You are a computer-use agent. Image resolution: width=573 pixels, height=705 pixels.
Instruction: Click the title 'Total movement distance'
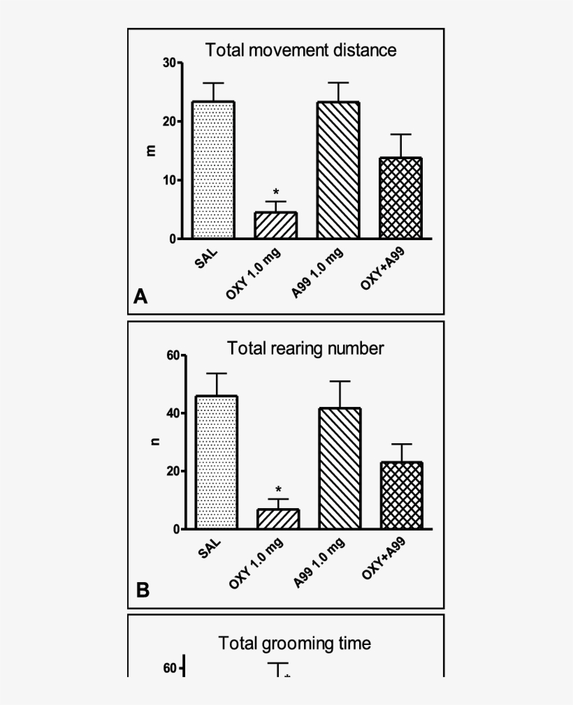coord(300,50)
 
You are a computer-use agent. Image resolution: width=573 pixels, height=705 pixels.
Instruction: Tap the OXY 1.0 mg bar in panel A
coord(275,225)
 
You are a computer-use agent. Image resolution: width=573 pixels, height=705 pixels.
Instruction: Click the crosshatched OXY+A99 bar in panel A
coord(401,198)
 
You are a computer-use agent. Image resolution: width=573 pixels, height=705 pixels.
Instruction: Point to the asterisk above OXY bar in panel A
coord(276,192)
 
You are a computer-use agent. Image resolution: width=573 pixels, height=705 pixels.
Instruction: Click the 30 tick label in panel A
coord(169,63)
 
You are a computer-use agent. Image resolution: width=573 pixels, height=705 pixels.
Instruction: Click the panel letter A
coord(140,297)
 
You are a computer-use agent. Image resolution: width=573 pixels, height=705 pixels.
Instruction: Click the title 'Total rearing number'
coord(306,348)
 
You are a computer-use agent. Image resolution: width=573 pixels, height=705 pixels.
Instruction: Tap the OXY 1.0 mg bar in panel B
coord(278,519)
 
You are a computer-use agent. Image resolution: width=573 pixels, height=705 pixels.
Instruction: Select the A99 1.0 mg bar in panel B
coord(340,468)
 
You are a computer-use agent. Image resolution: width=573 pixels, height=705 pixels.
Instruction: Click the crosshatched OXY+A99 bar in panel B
coord(402,495)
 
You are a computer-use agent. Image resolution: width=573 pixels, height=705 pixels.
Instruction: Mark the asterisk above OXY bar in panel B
coord(278,489)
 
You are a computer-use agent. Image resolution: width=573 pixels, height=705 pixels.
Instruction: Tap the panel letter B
coord(143,591)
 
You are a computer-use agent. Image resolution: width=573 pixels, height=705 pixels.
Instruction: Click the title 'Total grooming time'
coord(295,643)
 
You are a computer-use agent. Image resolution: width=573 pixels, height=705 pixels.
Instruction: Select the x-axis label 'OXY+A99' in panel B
coord(384,558)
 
